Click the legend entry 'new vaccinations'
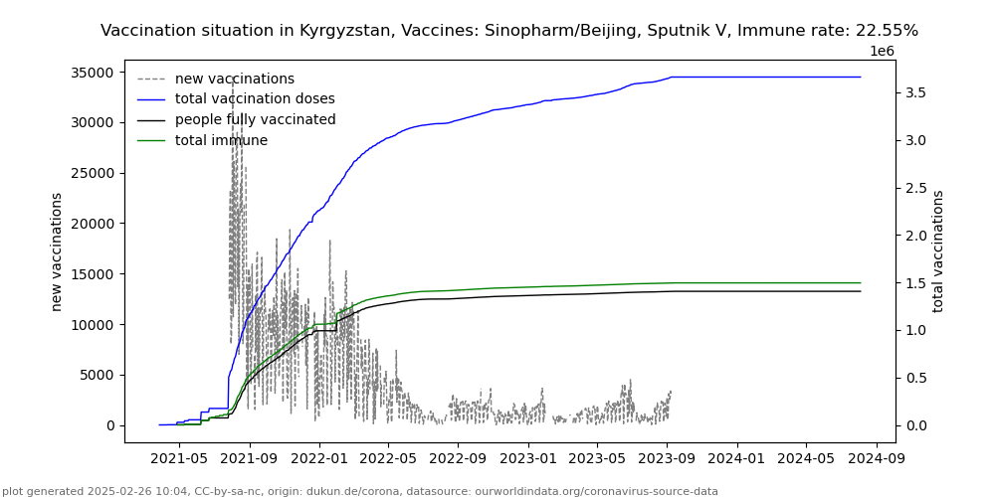pyautogui.click(x=234, y=79)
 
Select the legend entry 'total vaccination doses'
pyautogui.click(x=255, y=99)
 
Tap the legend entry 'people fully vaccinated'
pyautogui.click(x=255, y=120)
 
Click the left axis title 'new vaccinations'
pyautogui.click(x=57, y=251)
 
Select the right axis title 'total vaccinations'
pyautogui.click(x=938, y=251)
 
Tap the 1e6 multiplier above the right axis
pyautogui.click(x=882, y=51)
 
